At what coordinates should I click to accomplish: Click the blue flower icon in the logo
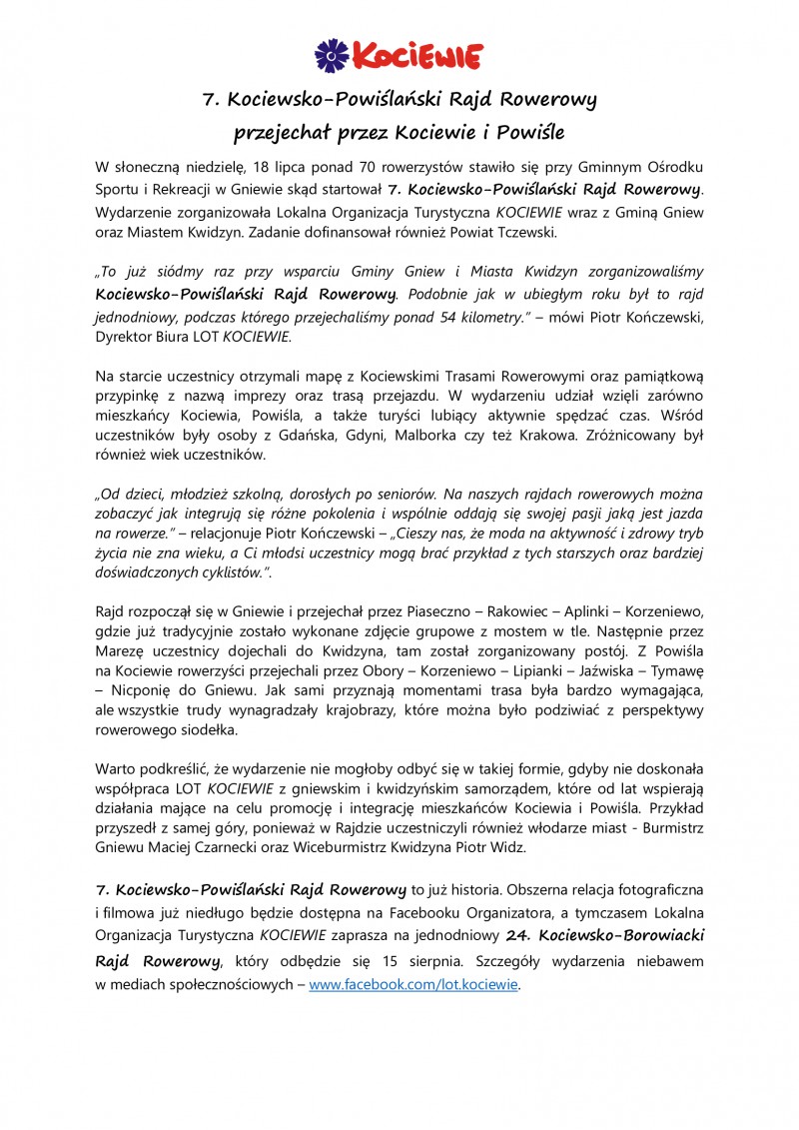[331, 56]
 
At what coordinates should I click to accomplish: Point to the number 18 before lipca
[263, 166]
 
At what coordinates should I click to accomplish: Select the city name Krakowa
[516, 437]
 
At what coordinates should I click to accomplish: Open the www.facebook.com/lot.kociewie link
[413, 984]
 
